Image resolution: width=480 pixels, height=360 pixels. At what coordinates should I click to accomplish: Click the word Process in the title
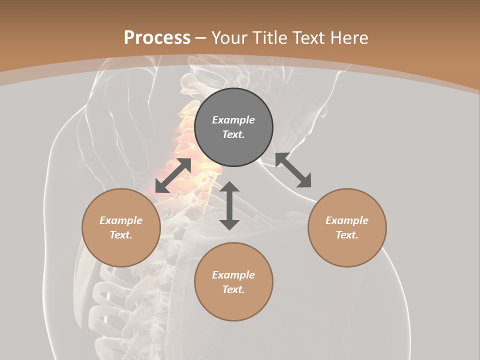[157, 38]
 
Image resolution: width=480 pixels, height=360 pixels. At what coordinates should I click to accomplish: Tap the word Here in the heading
[348, 38]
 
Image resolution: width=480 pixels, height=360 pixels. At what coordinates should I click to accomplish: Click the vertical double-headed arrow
[229, 205]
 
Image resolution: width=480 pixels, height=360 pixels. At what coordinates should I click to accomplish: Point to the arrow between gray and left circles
[173, 175]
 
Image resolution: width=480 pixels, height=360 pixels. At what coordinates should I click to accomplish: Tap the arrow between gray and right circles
[293, 170]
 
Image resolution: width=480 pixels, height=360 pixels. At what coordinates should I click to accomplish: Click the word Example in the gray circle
[233, 120]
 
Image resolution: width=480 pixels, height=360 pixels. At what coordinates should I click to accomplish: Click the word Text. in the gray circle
[233, 134]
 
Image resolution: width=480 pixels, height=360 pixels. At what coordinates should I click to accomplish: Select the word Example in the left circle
[121, 220]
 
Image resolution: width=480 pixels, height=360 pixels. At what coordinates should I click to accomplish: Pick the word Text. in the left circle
[121, 235]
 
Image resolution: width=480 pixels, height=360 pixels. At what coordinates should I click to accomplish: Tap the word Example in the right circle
[347, 220]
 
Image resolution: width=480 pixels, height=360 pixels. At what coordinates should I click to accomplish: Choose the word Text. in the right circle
[347, 235]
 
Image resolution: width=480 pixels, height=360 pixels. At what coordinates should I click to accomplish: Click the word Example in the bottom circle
[233, 275]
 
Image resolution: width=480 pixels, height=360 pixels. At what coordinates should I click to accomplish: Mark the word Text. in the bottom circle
[233, 289]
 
